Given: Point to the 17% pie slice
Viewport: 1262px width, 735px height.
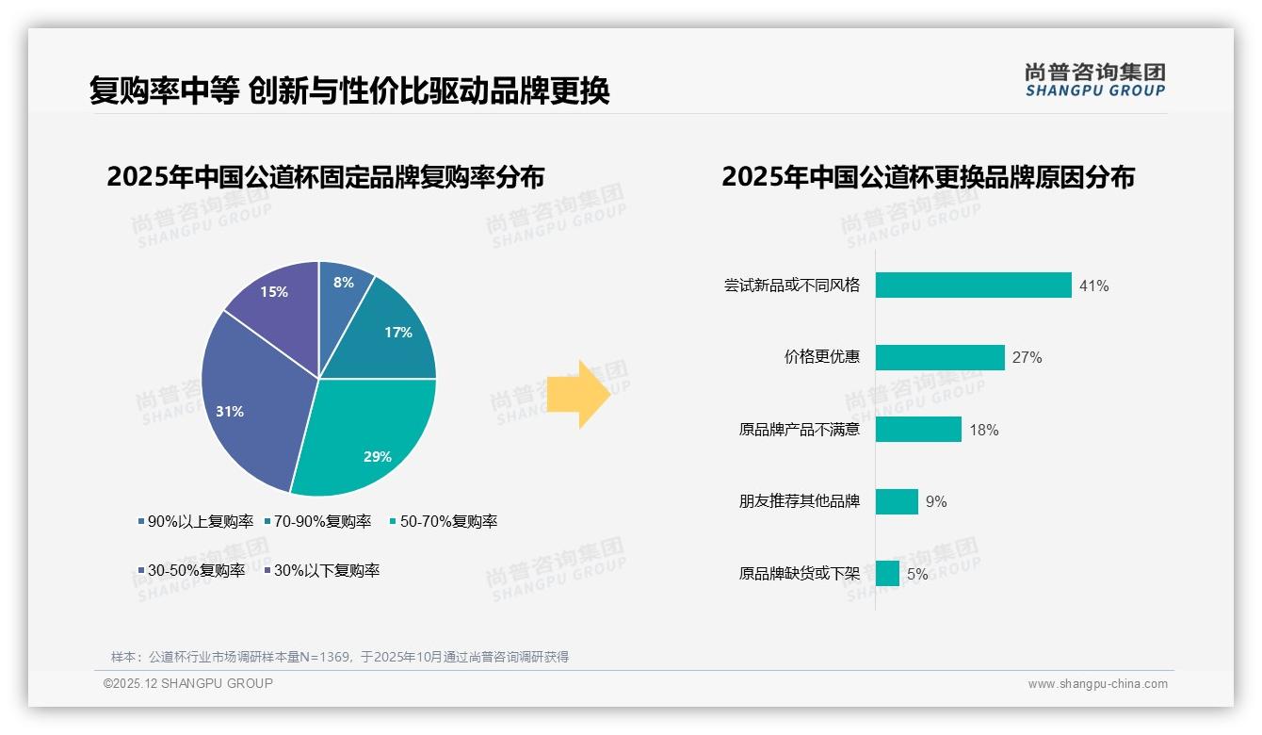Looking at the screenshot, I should tap(391, 335).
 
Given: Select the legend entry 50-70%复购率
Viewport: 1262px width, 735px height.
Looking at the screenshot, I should tap(443, 521).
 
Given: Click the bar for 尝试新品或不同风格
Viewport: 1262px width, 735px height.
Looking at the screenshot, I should tap(973, 285).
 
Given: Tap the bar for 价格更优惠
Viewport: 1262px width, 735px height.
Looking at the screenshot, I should tap(940, 357).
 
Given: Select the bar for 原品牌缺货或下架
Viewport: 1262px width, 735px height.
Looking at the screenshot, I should tap(887, 573).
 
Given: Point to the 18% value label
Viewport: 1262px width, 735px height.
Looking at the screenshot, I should tap(983, 430).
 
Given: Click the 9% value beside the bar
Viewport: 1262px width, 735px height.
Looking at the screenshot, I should tap(936, 501).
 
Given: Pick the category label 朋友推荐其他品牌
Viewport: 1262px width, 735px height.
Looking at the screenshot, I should tap(799, 501).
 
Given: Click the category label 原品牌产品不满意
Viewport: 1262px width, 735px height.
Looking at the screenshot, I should tap(799, 430).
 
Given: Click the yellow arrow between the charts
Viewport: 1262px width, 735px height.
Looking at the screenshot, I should tap(579, 393).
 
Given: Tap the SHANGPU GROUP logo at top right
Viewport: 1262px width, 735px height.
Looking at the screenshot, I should tap(1094, 80).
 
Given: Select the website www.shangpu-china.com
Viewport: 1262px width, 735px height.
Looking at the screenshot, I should tap(1097, 683).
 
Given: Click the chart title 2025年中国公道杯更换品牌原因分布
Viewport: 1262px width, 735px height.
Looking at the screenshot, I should tap(928, 177).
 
